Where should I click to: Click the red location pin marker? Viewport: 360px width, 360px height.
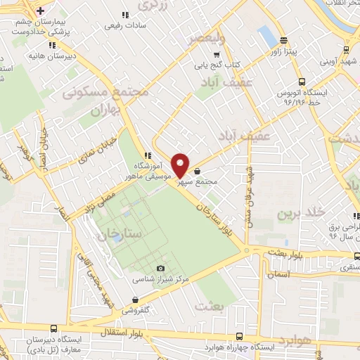pyautogui.click(x=181, y=165)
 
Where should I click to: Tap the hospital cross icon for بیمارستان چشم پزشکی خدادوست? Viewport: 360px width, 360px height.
pyautogui.click(x=41, y=11)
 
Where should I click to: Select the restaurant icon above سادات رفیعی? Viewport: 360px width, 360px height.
pyautogui.click(x=125, y=15)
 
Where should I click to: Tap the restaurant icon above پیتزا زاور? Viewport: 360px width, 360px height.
pyautogui.click(x=283, y=40)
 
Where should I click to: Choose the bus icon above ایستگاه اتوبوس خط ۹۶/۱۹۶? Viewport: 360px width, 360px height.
pyautogui.click(x=301, y=82)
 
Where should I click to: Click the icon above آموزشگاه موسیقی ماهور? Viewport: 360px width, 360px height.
pyautogui.click(x=147, y=155)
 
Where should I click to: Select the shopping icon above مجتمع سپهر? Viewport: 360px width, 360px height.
pyautogui.click(x=197, y=171)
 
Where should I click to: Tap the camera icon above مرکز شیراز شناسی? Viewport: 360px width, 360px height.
pyautogui.click(x=161, y=268)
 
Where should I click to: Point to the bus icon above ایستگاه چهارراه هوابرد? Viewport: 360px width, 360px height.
pyautogui.click(x=239, y=336)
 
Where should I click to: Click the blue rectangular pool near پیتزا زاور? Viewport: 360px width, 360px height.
pyautogui.click(x=267, y=36)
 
